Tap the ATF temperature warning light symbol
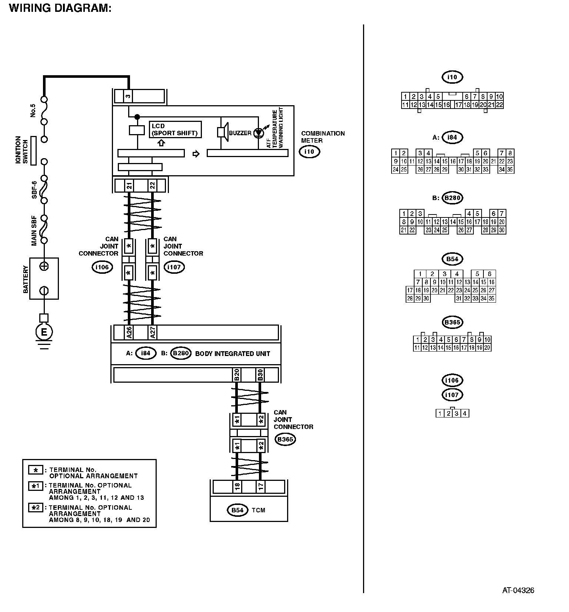tap(258, 133)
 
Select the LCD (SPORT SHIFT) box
tap(175, 130)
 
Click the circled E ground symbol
tap(44, 332)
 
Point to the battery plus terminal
tap(44, 266)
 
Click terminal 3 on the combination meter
tap(128, 96)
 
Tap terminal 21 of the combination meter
tap(129, 185)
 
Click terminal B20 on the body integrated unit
tap(236, 375)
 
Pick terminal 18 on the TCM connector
tap(237, 486)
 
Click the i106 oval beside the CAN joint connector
tap(102, 267)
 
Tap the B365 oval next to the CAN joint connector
tap(285, 439)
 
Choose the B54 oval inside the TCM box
tap(237, 510)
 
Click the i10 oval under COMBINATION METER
tap(309, 152)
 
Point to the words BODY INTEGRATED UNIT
tap(233, 354)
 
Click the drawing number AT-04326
tap(518, 591)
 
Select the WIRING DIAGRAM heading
tap(60, 8)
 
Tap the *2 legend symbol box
tap(36, 508)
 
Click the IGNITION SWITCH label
tap(22, 150)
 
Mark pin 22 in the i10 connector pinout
tap(499, 105)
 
